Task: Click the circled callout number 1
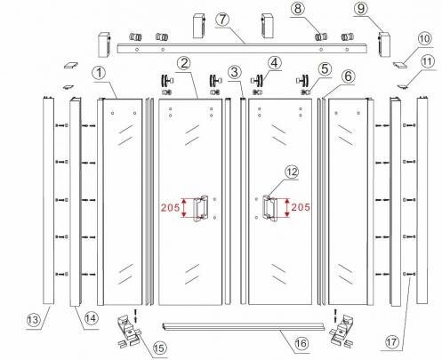pos(100,73)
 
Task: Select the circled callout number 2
pos(184,63)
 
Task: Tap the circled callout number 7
pos(222,20)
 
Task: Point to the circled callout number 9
pos(361,8)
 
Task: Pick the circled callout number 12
pos(292,172)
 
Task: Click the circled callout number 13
pos(33,320)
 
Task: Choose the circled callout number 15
pos(159,348)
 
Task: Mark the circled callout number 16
pos(301,343)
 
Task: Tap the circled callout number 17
pos(392,342)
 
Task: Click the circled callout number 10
pos(425,38)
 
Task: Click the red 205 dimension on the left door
pos(171,207)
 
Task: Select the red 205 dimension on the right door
pos(301,207)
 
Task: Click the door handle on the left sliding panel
pos(201,208)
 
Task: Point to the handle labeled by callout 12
pos(269,208)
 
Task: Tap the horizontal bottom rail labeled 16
pos(243,326)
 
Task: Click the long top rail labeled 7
pos(243,49)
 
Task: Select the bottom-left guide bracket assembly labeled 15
pos(130,331)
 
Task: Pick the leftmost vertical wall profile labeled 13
pos(48,201)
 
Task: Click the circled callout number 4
pos(274,63)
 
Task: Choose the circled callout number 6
pos(348,76)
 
